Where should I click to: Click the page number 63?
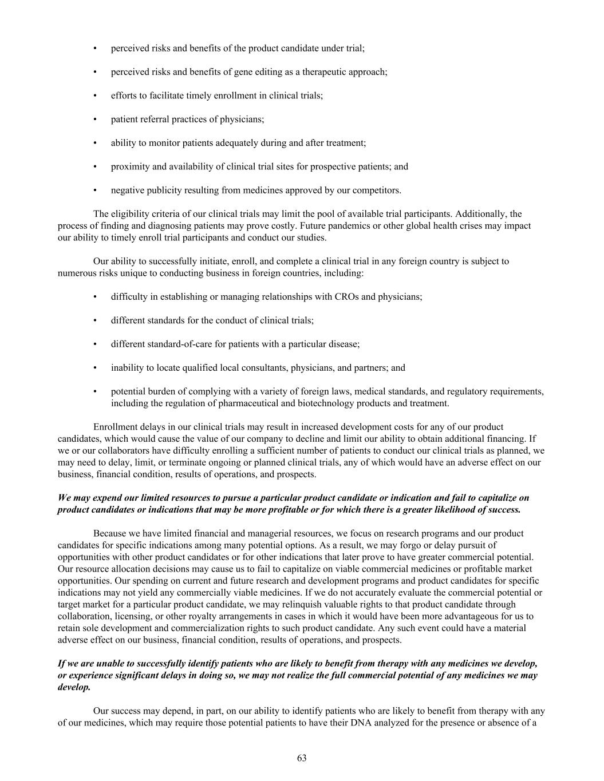(302, 758)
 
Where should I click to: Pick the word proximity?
(130, 166)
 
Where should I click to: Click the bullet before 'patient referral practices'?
(95, 119)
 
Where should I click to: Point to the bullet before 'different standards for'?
(95, 320)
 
